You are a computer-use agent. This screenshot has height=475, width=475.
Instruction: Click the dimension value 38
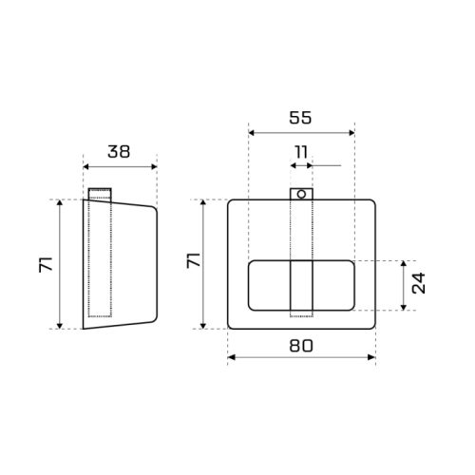pyautogui.click(x=119, y=151)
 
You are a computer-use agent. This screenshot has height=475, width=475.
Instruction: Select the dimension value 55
pyautogui.click(x=300, y=118)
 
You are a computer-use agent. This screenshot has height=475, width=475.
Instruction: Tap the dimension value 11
pyautogui.click(x=301, y=152)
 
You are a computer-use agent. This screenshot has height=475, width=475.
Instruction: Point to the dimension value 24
pyautogui.click(x=419, y=283)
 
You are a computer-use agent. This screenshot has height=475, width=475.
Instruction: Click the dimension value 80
pyautogui.click(x=301, y=346)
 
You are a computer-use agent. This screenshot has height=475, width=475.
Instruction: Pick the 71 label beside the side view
pyautogui.click(x=47, y=265)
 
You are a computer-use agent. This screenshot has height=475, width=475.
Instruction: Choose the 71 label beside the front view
pyautogui.click(x=194, y=260)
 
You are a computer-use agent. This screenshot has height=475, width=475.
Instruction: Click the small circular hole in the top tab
pyautogui.click(x=301, y=194)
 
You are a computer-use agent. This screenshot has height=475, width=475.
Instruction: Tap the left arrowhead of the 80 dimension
pyautogui.click(x=232, y=357)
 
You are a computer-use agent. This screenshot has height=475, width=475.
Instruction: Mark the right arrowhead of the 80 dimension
pyautogui.click(x=371, y=357)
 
